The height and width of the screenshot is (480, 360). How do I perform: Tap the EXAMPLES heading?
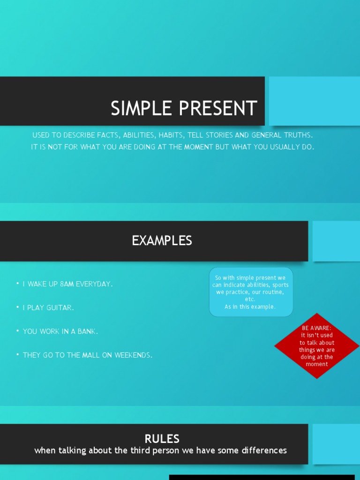click(x=162, y=241)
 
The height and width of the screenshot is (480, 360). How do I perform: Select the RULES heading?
click(x=162, y=439)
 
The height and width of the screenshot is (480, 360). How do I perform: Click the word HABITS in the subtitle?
click(x=171, y=135)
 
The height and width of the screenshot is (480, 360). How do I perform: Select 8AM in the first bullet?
click(x=67, y=284)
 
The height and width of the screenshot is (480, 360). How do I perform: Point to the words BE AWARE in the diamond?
click(x=316, y=328)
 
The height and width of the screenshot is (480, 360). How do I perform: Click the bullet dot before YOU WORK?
click(x=17, y=331)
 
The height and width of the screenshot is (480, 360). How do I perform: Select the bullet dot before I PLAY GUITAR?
click(x=17, y=307)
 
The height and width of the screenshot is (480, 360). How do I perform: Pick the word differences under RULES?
click(x=265, y=450)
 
